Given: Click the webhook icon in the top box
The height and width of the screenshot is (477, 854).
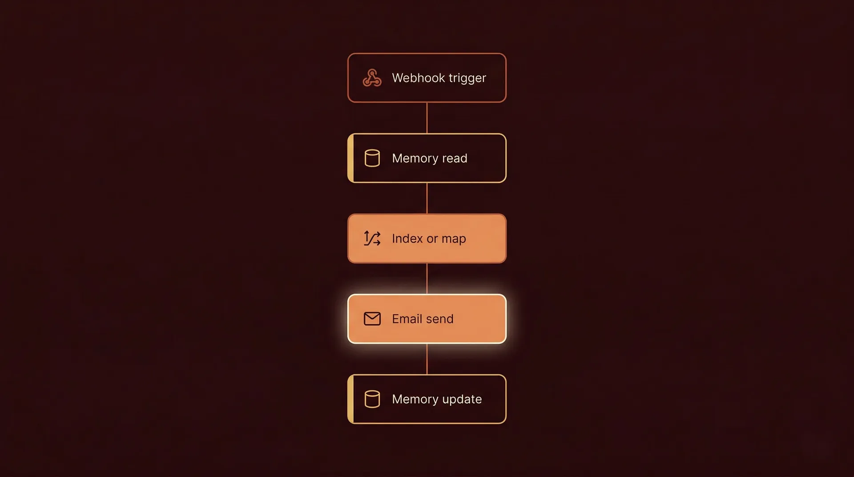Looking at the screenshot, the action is [x=372, y=78].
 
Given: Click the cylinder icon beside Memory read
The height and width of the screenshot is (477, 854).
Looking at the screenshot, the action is [x=372, y=158].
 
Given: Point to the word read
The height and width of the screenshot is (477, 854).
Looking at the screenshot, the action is [x=455, y=158].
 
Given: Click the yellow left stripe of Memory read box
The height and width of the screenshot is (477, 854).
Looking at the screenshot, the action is [x=350, y=158].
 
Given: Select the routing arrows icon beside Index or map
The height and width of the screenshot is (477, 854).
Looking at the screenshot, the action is [x=372, y=238].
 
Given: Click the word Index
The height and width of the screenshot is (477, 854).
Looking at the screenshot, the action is [x=407, y=238].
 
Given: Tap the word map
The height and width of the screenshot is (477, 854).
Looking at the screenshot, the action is [x=454, y=239].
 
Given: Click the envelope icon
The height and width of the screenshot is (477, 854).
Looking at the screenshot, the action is [x=372, y=319].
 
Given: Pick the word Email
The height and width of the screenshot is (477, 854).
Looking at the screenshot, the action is [x=407, y=319].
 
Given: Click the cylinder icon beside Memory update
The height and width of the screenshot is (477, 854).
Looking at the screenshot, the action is [x=372, y=399].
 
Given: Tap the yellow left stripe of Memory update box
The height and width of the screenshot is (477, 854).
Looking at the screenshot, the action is [x=350, y=399].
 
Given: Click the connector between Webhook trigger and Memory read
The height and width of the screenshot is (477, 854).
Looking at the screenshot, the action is [x=427, y=118].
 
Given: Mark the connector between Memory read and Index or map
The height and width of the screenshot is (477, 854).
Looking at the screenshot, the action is [x=427, y=198].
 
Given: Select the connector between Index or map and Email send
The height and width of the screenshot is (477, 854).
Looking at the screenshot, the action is [x=427, y=279].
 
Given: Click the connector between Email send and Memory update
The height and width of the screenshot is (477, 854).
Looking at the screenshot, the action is [x=427, y=359].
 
